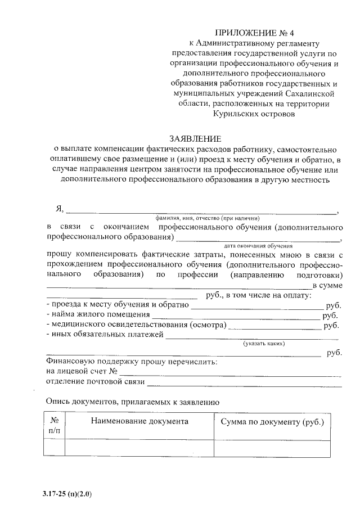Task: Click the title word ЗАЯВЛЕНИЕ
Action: click(196, 138)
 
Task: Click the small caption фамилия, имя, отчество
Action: click(208, 218)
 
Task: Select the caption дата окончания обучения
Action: click(258, 246)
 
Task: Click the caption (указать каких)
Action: click(264, 343)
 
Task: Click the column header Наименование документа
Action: click(139, 421)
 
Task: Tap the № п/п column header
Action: click(55, 426)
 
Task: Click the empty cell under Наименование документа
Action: click(139, 448)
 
